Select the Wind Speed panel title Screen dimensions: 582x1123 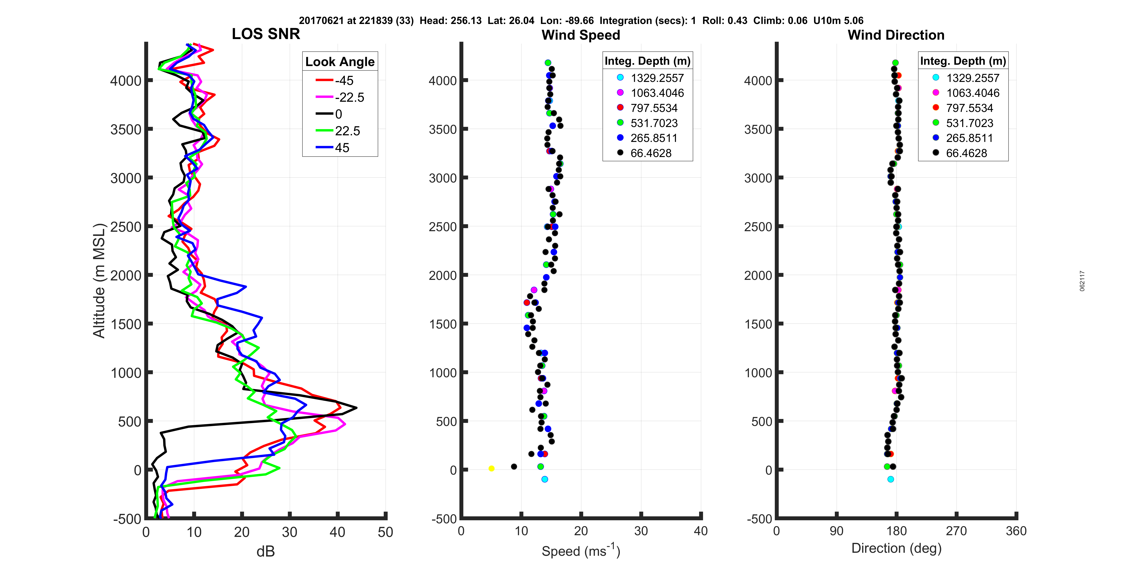581,35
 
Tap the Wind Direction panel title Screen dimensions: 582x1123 896,35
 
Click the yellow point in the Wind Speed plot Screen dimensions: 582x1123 491,469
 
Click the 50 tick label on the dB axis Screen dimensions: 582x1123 385,532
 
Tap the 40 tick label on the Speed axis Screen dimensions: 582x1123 701,531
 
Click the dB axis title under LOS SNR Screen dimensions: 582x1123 266,551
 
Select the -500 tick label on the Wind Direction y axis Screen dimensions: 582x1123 759,519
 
